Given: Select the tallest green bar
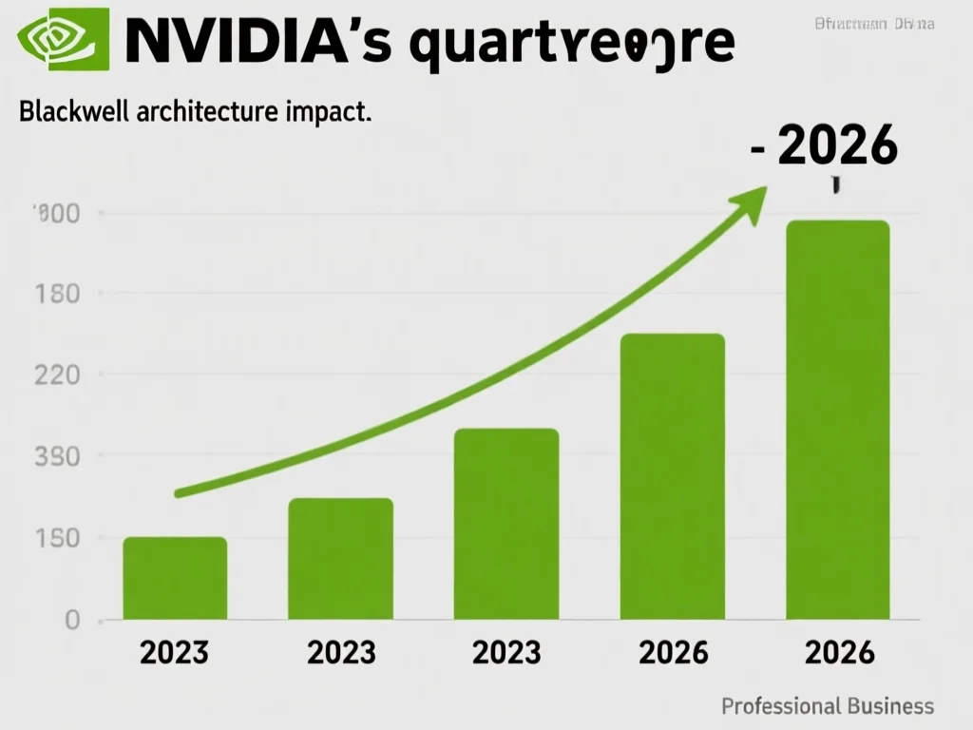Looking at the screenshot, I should tap(838, 419).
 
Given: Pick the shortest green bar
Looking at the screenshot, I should tap(175, 578).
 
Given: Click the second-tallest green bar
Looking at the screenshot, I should tap(673, 476).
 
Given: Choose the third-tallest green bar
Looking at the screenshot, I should tap(506, 524).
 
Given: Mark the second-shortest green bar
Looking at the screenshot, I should tap(340, 559).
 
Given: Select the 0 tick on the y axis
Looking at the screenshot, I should tap(71, 621).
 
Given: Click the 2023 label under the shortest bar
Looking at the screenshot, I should tap(175, 652).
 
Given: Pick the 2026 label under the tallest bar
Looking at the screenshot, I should tap(838, 652).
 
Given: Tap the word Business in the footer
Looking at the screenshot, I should tap(890, 706).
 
